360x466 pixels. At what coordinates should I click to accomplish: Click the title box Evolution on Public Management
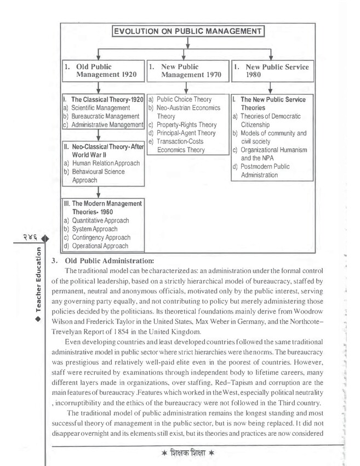(188, 32)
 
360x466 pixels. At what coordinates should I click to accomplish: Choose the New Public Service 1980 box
(271, 70)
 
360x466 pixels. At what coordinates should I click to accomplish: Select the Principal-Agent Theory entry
(182, 133)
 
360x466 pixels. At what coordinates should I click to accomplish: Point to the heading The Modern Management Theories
(102, 208)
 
